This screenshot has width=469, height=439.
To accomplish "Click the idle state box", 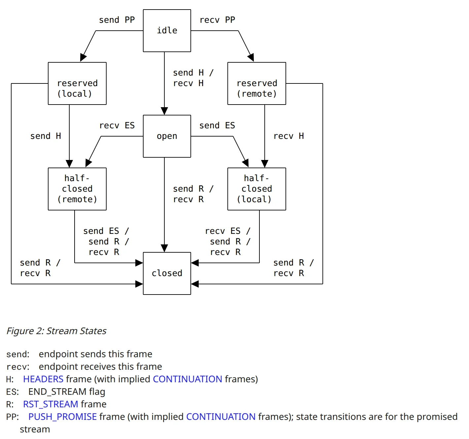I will pos(167,31).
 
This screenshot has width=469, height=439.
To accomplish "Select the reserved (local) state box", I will pos(77,84).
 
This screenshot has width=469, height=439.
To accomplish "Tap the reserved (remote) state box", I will pos(256,84).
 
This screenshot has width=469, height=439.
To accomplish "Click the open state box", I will pos(167,136).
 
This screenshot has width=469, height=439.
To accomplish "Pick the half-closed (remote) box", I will pos(77,189).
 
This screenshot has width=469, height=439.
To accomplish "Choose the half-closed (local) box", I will pos(256,189).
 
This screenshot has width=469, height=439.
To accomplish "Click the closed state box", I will pos(167,273).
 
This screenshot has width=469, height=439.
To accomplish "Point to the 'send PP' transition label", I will pos(117,20).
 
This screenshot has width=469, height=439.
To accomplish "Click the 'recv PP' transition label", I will pos(217,20).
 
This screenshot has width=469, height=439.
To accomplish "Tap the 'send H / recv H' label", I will pos(193,78).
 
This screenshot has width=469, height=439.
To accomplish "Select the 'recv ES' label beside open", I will pos(117,126).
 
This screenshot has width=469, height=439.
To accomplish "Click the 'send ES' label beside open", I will pos(217,126).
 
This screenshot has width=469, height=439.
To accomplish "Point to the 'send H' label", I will pos(46,136).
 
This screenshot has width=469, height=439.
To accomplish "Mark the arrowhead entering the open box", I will pos(164,111).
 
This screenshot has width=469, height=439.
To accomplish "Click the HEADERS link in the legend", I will pos(43,379).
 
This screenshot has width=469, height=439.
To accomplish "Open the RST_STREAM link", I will pos(50,404).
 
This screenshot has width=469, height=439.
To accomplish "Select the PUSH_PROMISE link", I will pos(62,417).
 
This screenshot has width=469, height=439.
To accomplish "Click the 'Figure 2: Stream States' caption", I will pos(56,331).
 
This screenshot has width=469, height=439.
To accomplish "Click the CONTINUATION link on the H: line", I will pos(187,379).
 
